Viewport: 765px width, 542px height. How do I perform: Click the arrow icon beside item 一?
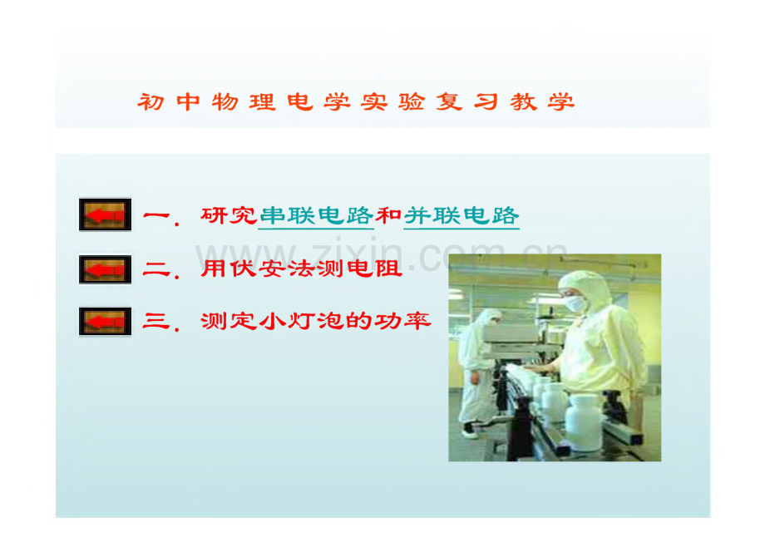tap(105, 214)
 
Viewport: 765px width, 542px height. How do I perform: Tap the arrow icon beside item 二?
tap(105, 269)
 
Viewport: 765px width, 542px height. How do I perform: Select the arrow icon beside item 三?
tap(105, 322)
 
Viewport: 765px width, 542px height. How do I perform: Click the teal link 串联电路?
tap(316, 216)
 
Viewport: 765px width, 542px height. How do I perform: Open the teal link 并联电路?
tap(461, 216)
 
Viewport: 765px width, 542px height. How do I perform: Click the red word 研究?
tap(229, 215)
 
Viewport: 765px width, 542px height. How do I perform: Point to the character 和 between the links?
tap(389, 215)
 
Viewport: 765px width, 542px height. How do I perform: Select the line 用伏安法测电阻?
tap(302, 269)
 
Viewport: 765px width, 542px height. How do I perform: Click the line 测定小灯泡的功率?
tap(316, 321)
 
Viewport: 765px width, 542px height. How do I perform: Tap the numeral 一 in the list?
tap(156, 215)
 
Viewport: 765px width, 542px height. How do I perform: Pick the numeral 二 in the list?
tap(156, 269)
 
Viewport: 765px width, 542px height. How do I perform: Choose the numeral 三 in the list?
tap(156, 322)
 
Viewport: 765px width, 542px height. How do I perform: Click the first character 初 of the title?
tap(151, 102)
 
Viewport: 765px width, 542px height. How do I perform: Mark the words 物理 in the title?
tap(244, 102)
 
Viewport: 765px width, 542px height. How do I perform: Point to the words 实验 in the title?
tap(392, 102)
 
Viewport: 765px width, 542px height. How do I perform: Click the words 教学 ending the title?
tap(542, 102)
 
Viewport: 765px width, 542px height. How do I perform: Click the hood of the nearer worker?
tap(588, 288)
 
